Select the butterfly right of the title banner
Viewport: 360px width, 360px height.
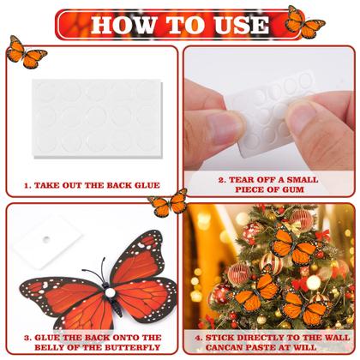305,21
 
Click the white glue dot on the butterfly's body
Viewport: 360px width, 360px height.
110,295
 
